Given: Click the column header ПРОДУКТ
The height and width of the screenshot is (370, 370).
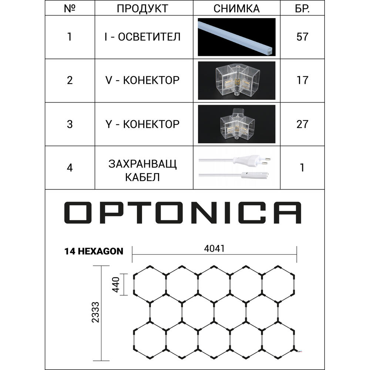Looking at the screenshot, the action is pos(142,9).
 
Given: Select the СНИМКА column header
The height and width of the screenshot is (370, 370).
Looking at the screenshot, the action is pos(236,9).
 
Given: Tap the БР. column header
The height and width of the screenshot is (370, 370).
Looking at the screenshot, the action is pos(302,9).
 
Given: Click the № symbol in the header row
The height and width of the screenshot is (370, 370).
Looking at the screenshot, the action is pos(70,9).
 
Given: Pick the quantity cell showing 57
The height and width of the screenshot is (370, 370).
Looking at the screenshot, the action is pos(302,37).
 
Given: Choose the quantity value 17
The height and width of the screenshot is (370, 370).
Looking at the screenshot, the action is pos(302,80).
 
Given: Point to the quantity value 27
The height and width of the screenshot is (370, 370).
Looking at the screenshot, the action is pos(302,124).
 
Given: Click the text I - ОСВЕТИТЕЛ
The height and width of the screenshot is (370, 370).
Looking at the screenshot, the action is pos(142,37).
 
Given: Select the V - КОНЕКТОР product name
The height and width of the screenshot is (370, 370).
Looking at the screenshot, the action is pos(142,80).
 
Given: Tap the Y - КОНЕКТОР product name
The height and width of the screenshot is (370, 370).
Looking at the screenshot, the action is pos(142,124).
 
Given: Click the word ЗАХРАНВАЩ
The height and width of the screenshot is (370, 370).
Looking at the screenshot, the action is pos(142,164).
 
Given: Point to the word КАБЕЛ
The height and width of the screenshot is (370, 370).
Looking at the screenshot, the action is pos(142,177).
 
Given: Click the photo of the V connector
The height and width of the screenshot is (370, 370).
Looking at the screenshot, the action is pos(236,80).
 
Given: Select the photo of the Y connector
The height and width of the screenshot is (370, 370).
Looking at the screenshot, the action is pos(236,124).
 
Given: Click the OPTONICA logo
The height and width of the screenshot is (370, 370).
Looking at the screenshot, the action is pos(183,212).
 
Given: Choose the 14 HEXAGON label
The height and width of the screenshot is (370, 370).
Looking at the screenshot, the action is pos(94,251).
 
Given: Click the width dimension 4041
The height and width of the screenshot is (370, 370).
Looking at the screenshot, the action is pos(214,249).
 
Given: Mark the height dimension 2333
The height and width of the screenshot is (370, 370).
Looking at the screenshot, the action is pos(95,312).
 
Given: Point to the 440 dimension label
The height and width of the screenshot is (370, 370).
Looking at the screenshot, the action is pos(116,285).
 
